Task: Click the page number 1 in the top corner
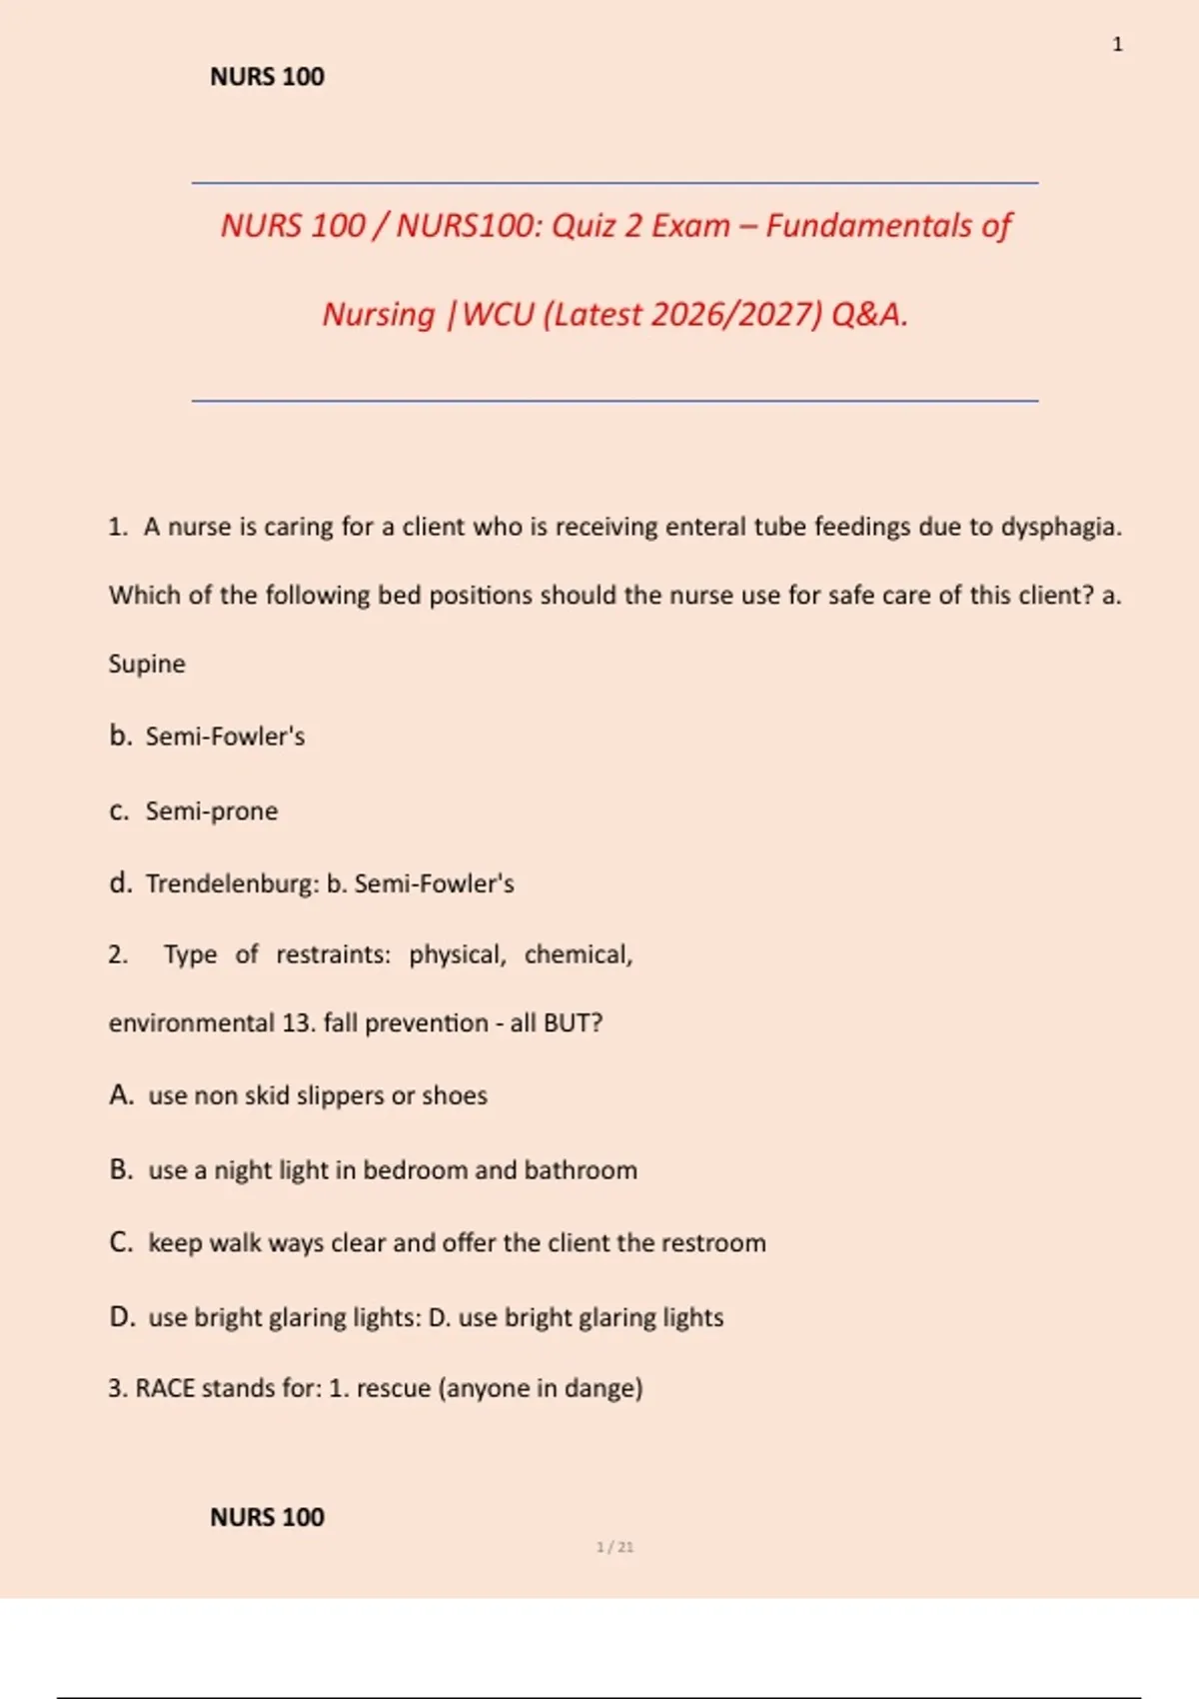coord(1117,45)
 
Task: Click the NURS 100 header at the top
coord(267,77)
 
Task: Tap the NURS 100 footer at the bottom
coord(267,1517)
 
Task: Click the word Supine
coord(147,664)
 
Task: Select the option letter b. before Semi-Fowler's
coord(120,737)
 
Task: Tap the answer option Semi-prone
coord(212,811)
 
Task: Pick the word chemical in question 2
coord(578,954)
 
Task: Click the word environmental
coord(191,1023)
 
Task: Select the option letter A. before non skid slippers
coord(121,1095)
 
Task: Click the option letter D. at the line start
coord(122,1317)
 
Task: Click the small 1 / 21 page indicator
coord(614,1547)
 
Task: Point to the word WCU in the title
coord(499,315)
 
